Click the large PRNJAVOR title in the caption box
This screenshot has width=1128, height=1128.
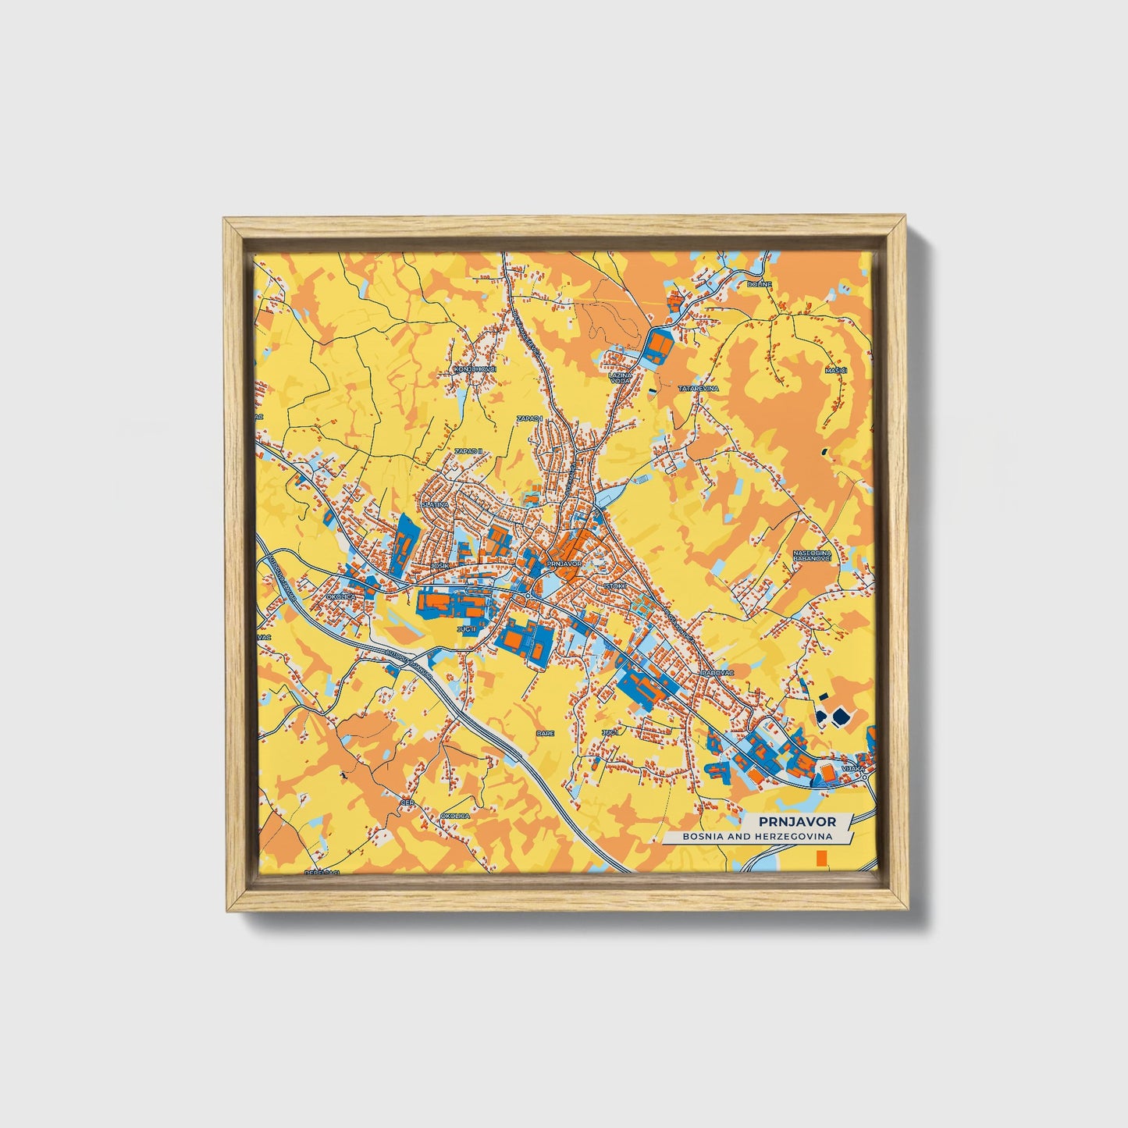(797, 821)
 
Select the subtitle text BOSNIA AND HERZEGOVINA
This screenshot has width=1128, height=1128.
(756, 837)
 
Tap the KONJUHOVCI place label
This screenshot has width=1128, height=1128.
(475, 368)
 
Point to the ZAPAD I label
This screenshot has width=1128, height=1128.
(529, 419)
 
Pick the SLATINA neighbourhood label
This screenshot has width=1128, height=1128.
(435, 505)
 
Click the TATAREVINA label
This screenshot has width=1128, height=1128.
(697, 388)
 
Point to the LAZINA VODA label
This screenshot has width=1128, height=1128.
(619, 378)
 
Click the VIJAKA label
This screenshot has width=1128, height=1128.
(853, 769)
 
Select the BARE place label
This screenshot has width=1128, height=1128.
(544, 733)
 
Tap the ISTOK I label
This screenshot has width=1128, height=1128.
(615, 584)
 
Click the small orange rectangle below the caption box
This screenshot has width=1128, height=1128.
(820, 859)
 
